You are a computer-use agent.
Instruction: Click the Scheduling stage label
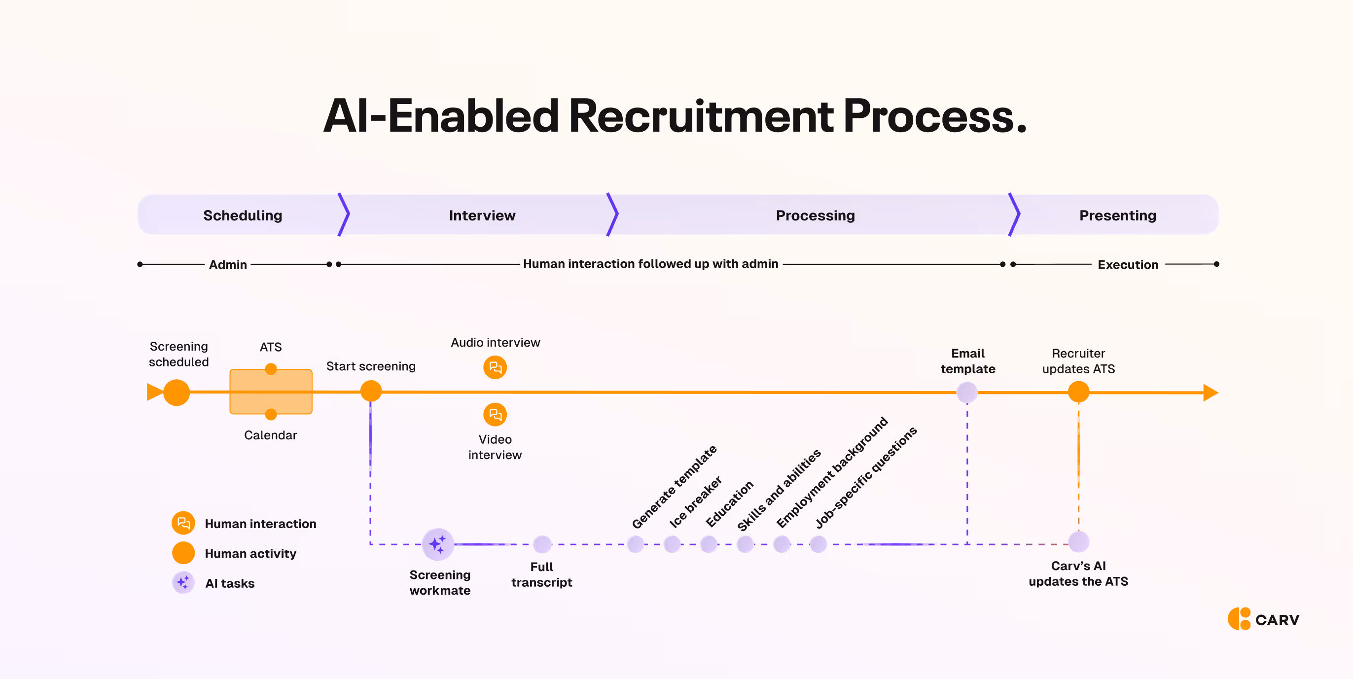click(243, 215)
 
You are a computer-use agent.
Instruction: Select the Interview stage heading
click(482, 215)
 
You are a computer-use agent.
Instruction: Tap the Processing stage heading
click(815, 215)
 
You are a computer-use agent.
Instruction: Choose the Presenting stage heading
click(1117, 215)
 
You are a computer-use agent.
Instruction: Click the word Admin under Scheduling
click(228, 265)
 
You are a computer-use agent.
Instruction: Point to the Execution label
click(1128, 265)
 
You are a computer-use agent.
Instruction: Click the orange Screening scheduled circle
click(177, 393)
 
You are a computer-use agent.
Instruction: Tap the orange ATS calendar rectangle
click(271, 392)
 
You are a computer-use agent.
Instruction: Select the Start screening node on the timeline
click(371, 391)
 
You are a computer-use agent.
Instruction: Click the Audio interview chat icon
click(495, 367)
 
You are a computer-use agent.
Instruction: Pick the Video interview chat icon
click(495, 415)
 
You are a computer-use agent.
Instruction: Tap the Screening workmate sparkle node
click(437, 544)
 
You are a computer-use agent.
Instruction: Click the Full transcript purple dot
click(542, 544)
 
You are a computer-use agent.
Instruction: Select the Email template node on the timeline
click(967, 393)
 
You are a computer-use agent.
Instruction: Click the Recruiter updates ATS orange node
click(1078, 392)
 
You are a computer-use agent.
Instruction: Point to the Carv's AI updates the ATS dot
click(1078, 542)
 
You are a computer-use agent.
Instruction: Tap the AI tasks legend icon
click(183, 582)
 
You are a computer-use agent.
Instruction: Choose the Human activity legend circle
click(183, 553)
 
